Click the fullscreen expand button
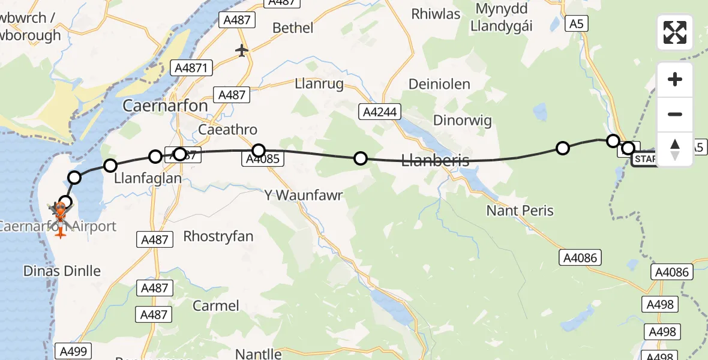[x=675, y=32]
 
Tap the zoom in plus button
[x=675, y=79]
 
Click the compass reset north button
[x=675, y=149]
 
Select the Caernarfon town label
[x=165, y=106]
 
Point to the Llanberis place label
[x=435, y=160]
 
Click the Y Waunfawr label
[x=303, y=195]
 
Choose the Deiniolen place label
[x=439, y=84]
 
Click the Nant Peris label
[x=520, y=211]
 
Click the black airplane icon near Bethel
[x=242, y=50]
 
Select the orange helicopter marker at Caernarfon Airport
[x=60, y=211]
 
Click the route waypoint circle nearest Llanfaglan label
[x=110, y=165]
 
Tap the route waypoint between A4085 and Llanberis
[x=361, y=158]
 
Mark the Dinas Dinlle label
[x=62, y=271]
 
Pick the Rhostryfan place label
[x=218, y=236]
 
